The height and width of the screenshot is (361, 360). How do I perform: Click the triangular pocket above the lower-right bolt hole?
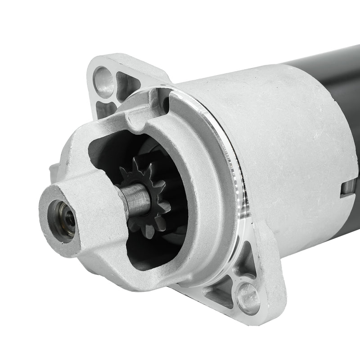(247, 261)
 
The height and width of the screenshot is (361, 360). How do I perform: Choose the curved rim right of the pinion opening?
(207, 189)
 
